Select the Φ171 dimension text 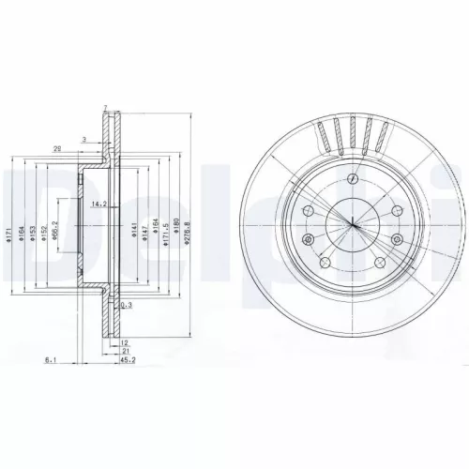8,237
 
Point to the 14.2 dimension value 97,204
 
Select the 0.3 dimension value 126,306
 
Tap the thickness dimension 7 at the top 106,108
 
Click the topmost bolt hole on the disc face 351,178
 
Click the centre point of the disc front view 352,222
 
